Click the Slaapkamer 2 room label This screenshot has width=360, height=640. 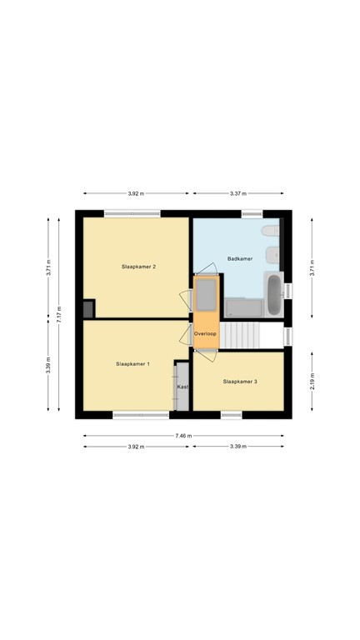coord(137,266)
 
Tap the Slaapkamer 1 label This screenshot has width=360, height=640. coord(132,364)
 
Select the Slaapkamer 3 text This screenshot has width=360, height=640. coord(239,382)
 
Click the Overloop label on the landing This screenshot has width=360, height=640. coord(205,334)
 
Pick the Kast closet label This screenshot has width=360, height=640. coord(182,387)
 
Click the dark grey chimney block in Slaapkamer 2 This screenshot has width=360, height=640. coord(88,309)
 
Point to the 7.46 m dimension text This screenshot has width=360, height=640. coord(183,436)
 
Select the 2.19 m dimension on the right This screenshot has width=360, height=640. coord(312,382)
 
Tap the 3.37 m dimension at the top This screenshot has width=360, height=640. coord(237,193)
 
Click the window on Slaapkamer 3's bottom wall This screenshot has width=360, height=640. coord(231,414)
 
